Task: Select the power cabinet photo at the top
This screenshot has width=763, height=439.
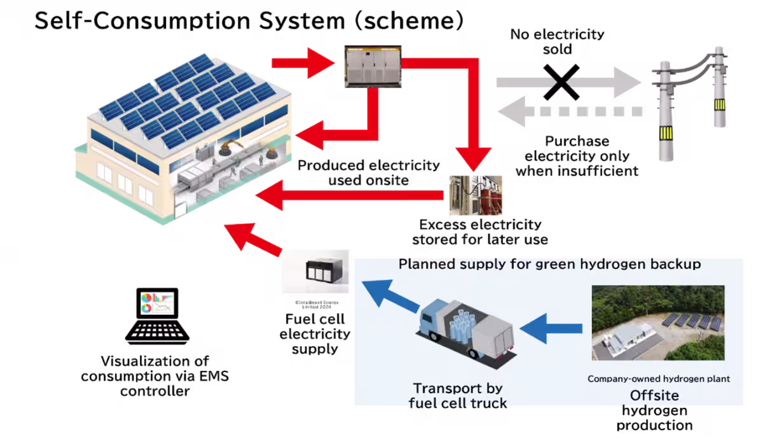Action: tap(372, 66)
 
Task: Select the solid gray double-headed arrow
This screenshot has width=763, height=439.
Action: tap(569, 82)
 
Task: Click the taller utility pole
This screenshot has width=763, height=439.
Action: tap(665, 111)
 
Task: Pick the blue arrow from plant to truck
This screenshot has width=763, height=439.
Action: tap(551, 329)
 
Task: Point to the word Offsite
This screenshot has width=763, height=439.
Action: tap(654, 395)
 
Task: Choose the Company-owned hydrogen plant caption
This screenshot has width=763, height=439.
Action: tap(658, 379)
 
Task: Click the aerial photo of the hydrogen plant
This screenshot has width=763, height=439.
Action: tap(658, 324)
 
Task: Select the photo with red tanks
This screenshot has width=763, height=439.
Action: tap(476, 196)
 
